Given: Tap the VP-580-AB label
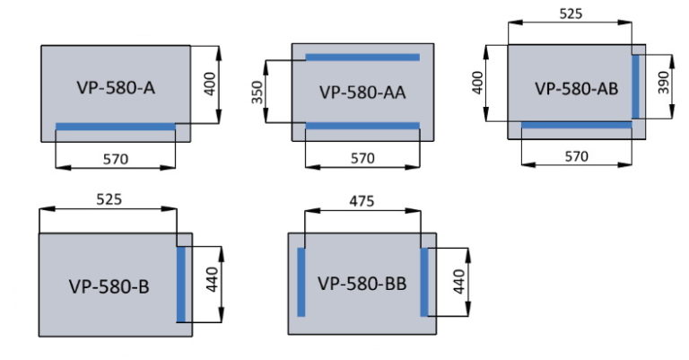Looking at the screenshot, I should (577, 88).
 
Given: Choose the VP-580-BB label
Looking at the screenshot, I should (362, 283).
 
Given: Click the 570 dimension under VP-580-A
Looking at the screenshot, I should (115, 159).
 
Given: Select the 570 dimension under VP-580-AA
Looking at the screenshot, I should (362, 159).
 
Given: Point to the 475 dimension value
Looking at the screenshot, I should (362, 201).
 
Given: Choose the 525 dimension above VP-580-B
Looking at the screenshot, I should (108, 198).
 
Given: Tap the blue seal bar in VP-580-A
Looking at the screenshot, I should (115, 127).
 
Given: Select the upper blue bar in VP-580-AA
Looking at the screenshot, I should (362, 57).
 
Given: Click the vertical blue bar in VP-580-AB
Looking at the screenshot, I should (635, 86).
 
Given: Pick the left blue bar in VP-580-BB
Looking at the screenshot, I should (301, 282).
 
